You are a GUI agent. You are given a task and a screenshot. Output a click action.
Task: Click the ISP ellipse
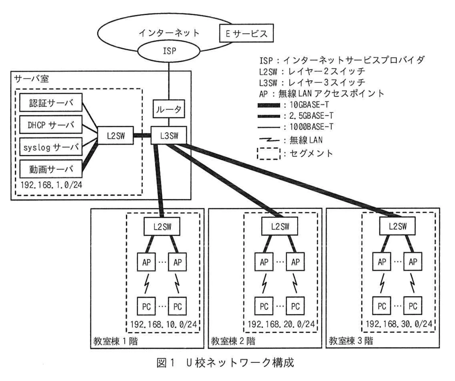point(169,51)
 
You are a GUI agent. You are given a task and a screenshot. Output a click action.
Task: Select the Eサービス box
point(246,34)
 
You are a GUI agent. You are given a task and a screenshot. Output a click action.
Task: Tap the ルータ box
point(169,109)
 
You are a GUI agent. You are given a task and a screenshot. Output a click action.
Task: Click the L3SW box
point(169,136)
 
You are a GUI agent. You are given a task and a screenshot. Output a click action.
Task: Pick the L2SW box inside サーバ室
point(116,136)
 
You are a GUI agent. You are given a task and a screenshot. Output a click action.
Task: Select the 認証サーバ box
point(51,103)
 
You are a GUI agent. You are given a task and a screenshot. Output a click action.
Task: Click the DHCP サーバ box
point(51,125)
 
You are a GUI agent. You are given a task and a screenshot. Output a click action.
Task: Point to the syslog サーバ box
point(51,147)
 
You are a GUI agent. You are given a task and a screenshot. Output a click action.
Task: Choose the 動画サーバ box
point(51,169)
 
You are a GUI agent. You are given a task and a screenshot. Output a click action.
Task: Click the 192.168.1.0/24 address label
point(51,185)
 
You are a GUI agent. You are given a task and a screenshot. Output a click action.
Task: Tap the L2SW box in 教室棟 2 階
point(280,227)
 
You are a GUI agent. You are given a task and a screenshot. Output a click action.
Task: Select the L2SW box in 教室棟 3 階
point(397,227)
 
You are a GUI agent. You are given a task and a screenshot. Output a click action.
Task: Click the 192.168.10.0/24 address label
point(163,324)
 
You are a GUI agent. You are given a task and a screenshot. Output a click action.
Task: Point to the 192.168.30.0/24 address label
point(399,324)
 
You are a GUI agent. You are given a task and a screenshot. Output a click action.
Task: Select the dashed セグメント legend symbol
point(268,154)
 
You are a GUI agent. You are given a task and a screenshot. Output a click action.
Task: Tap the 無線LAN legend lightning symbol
point(269,140)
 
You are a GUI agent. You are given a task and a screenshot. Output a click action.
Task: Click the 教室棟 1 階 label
point(115,341)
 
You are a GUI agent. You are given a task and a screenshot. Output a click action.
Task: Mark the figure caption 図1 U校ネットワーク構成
point(225,363)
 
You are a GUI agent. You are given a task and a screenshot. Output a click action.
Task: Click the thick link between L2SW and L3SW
point(142,136)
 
